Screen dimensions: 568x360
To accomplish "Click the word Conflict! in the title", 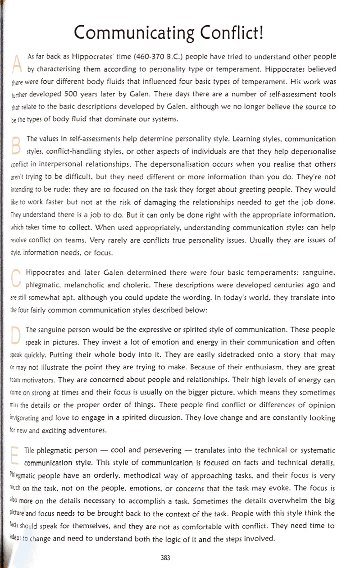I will click(x=230, y=33).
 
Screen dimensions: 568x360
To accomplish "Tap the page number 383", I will click(x=165, y=558).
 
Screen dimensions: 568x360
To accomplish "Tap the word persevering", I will click(x=155, y=450).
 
